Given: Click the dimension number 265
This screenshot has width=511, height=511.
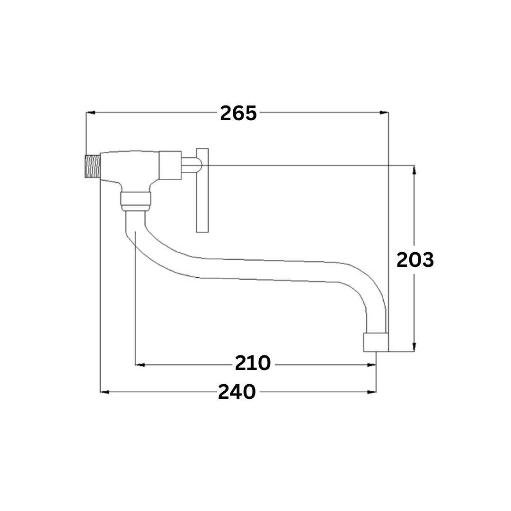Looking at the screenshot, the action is click(238, 114).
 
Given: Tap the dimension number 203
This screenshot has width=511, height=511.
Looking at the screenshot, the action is click(415, 260).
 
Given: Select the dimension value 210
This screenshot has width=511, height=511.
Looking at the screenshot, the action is click(253, 363).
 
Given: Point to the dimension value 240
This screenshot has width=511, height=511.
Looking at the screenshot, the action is click(237, 392).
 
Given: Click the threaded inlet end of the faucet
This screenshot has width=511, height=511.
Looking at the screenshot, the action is click(93, 166).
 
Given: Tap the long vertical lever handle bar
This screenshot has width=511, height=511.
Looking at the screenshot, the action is click(203, 190).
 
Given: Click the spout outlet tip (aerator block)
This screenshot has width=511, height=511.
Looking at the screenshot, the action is click(376, 342).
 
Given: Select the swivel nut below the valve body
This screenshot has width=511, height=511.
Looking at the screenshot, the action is click(136, 202).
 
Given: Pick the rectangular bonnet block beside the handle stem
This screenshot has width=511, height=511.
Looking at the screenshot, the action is click(170, 166).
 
